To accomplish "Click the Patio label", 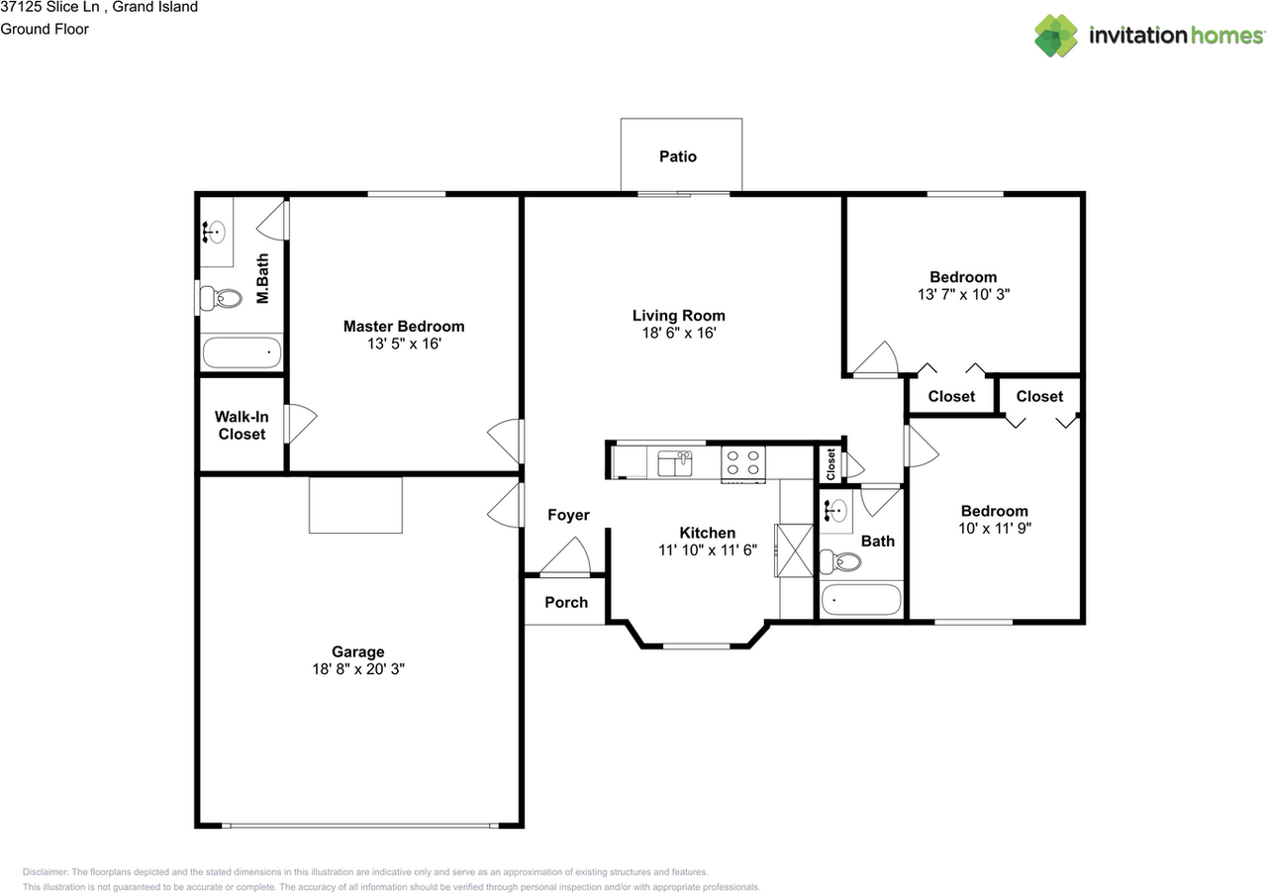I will (678, 156).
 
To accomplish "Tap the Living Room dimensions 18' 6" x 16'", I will (678, 334).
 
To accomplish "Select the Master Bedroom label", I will (404, 326).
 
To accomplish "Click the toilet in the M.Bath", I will (225, 297).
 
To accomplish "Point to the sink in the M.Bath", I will (215, 233).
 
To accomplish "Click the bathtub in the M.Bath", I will (243, 352).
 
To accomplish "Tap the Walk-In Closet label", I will (243, 426).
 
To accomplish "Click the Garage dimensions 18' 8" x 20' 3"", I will (357, 669).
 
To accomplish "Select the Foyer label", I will (568, 515).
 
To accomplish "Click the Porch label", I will (566, 602).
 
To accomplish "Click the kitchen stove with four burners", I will (743, 462).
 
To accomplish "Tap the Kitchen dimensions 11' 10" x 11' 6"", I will (707, 549).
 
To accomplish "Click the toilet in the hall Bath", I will (844, 562).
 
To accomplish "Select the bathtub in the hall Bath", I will (862, 600).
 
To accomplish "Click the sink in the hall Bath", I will (835, 512).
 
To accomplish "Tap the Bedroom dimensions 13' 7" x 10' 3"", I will (963, 294).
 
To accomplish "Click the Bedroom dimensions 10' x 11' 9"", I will (994, 528).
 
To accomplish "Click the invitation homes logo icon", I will (1056, 36).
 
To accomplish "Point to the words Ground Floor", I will (45, 29).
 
